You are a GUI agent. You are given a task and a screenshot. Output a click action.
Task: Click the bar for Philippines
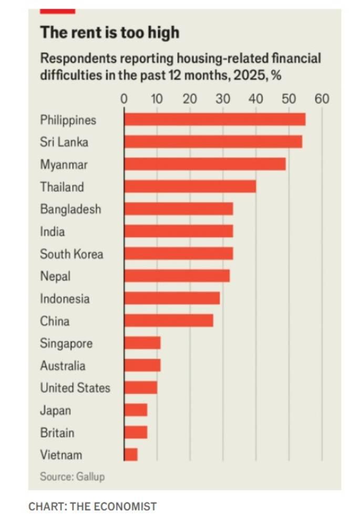click(x=214, y=119)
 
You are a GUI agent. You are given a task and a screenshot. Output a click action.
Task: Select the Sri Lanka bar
click(x=213, y=142)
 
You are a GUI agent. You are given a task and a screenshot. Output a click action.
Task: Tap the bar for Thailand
click(x=190, y=187)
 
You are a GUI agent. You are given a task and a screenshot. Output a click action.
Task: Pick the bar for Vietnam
click(x=131, y=454)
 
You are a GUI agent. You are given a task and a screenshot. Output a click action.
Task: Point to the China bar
click(x=169, y=320)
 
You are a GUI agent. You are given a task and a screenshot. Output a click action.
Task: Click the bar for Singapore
click(x=142, y=343)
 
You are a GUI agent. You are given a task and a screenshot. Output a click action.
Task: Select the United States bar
click(x=141, y=388)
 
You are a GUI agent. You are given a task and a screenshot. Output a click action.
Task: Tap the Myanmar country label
click(x=64, y=165)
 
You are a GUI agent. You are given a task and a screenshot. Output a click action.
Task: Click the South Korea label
click(x=71, y=254)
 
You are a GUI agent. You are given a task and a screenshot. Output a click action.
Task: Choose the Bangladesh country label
click(x=70, y=209)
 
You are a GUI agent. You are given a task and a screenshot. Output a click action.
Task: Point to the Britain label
click(x=57, y=433)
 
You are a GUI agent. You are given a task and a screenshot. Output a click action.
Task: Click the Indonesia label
click(x=65, y=299)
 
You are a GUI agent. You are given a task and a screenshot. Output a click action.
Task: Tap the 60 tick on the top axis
click(x=322, y=98)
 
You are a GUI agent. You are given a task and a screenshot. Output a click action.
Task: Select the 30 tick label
click(x=223, y=98)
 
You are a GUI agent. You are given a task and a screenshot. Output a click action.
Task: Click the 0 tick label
click(x=124, y=98)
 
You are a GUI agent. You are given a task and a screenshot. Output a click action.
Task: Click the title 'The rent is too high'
click(x=109, y=33)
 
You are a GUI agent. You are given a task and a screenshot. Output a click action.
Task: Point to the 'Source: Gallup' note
click(x=72, y=477)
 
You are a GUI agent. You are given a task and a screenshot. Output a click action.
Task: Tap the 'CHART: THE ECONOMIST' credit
click(x=92, y=507)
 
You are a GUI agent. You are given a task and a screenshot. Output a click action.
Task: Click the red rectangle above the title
click(x=57, y=11)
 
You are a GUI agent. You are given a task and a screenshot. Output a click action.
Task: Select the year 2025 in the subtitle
click(x=248, y=75)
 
